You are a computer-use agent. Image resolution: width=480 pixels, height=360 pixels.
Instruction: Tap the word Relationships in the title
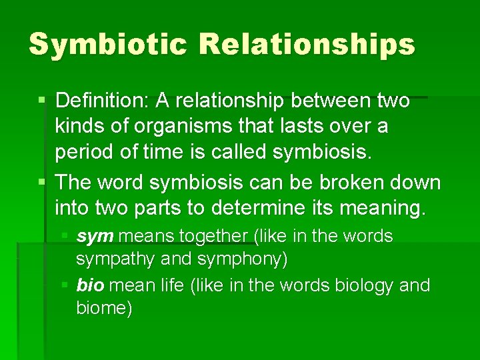307,44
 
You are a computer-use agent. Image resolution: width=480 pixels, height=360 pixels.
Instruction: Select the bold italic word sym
93,237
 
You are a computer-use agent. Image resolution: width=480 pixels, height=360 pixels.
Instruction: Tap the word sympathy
115,259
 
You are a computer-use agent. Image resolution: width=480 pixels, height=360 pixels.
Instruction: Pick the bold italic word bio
90,285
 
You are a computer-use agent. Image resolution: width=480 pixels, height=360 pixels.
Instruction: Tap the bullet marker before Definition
42,101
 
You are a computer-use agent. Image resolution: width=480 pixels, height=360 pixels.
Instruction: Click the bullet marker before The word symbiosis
42,183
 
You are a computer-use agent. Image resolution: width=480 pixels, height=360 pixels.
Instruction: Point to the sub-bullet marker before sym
64,237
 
